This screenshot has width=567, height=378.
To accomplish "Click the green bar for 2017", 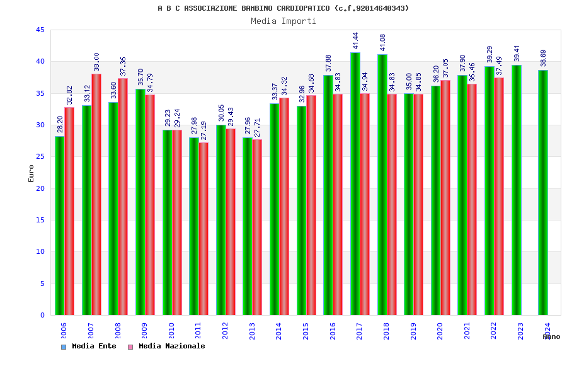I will pyautogui.click(x=355, y=183).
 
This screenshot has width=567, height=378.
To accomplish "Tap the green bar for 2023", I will pyautogui.click(x=517, y=190).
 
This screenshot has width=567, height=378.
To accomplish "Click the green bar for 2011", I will pyautogui.click(x=194, y=226).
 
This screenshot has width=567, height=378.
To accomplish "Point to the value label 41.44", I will pyautogui.click(x=356, y=40).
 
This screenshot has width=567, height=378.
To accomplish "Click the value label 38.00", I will pyautogui.click(x=96, y=62).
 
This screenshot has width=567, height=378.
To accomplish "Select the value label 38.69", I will pyautogui.click(x=544, y=58).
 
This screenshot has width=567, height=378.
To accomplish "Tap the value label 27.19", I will pyautogui.click(x=203, y=130).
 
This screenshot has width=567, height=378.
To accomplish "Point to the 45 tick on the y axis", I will pyautogui.click(x=40, y=30).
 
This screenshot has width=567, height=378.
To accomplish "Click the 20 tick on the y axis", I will pyautogui.click(x=40, y=188).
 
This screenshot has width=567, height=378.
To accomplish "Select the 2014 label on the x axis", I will pyautogui.click(x=279, y=331).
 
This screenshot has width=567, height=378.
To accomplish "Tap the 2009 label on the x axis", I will pyautogui.click(x=144, y=331).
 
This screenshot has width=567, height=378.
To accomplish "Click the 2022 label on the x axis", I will pyautogui.click(x=494, y=331).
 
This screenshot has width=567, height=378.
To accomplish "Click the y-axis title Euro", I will pyautogui.click(x=31, y=173).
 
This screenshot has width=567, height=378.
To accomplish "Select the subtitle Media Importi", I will pyautogui.click(x=283, y=21).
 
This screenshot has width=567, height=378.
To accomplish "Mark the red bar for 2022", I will pyautogui.click(x=499, y=196).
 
